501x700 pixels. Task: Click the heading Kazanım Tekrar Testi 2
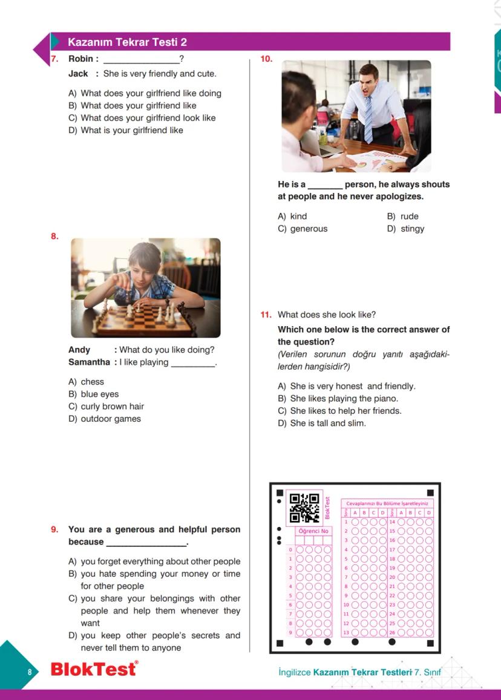(x=127, y=42)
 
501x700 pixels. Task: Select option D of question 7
(x=126, y=130)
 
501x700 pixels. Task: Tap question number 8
(x=54, y=237)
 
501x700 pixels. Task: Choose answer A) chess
(x=87, y=382)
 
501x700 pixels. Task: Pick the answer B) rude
(x=402, y=216)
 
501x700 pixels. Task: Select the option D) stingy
(x=405, y=229)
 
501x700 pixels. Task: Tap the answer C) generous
(x=303, y=229)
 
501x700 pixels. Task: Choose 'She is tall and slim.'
(x=322, y=423)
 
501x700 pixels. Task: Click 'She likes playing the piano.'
(x=338, y=399)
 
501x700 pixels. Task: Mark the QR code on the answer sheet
(x=304, y=508)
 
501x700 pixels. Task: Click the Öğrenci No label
(x=313, y=531)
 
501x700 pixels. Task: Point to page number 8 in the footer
(x=28, y=672)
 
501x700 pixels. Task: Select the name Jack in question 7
(x=78, y=74)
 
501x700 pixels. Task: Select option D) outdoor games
(x=105, y=419)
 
